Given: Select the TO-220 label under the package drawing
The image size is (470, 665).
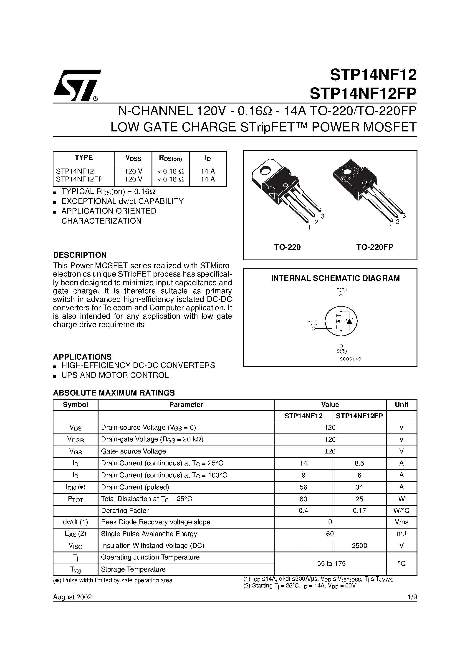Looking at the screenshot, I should click(287, 247).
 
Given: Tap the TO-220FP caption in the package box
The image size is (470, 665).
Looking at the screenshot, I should click(374, 247).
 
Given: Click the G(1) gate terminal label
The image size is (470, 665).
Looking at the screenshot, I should click(312, 322).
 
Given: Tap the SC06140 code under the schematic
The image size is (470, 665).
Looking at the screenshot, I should click(350, 359).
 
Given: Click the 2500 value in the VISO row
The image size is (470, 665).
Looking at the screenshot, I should click(359, 546).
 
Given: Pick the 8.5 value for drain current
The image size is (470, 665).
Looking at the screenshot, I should click(359, 463).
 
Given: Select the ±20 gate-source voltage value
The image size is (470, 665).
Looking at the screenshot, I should click(330, 451).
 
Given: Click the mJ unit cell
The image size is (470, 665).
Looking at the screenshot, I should click(401, 534).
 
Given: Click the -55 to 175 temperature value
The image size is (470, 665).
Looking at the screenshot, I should click(330, 563).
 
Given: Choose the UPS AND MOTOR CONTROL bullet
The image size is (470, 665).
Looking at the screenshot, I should click(115, 375).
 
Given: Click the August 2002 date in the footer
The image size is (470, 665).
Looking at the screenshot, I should click(72, 597).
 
